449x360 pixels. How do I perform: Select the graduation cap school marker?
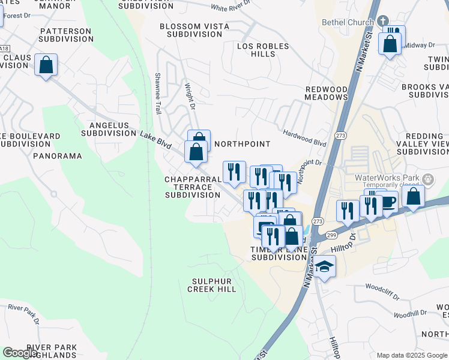pos(324,268)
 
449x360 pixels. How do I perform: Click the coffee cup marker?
pos(387,202)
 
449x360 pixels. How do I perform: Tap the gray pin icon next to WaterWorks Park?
pos(428,179)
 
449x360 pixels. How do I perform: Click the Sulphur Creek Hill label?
pos(214,285)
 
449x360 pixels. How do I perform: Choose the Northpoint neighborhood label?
pos(242,144)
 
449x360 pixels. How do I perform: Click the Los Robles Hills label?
pos(263,50)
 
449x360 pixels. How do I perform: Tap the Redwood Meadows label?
pos(327,93)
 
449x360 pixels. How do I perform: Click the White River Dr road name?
pos(232,8)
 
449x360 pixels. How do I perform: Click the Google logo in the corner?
pos(20,353)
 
